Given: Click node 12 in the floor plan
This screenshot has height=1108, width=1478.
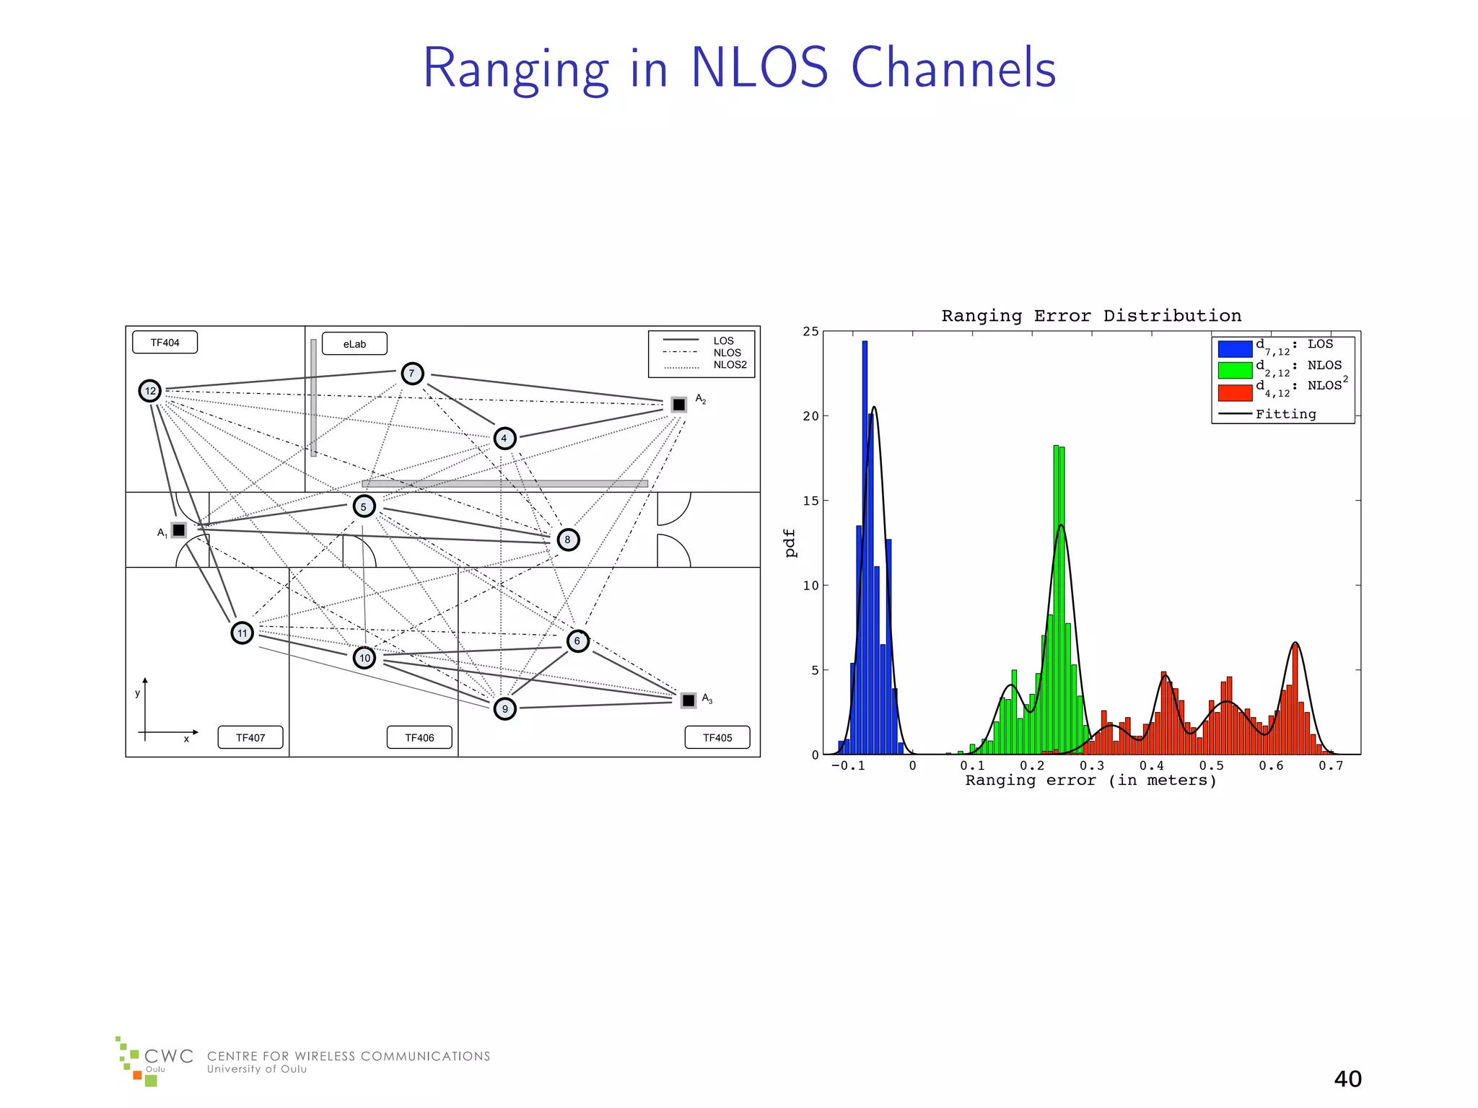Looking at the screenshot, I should [149, 391].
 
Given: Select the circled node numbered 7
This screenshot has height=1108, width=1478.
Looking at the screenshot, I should [412, 373].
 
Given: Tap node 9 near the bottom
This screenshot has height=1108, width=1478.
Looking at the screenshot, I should [504, 708].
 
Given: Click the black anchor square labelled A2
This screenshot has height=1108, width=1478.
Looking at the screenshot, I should [678, 405].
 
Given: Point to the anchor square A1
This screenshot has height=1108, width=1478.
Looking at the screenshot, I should [178, 530].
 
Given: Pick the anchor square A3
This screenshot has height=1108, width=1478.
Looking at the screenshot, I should [688, 700].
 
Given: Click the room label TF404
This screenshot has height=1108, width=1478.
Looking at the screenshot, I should [165, 343].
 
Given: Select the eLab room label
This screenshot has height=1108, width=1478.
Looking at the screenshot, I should [354, 344].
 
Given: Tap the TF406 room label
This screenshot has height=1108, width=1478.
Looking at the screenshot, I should [419, 737].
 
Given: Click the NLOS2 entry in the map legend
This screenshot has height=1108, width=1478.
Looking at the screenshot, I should [730, 365].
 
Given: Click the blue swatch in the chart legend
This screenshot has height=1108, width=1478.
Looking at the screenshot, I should [1235, 348].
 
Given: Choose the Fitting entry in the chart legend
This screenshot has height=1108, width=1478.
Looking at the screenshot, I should [1285, 414].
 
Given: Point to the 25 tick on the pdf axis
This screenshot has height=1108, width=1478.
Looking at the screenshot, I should [811, 332].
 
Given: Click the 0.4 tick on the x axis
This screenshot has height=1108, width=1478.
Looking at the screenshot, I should [1151, 766].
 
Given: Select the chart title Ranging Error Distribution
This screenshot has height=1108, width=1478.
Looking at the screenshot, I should [1091, 316].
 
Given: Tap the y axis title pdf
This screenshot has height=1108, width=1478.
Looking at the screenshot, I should [790, 543].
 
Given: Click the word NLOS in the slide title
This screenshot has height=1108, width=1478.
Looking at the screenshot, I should [759, 68].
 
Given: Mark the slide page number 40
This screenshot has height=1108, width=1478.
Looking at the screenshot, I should [1347, 1079].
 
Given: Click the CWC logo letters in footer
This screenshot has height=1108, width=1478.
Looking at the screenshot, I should [169, 1057].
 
